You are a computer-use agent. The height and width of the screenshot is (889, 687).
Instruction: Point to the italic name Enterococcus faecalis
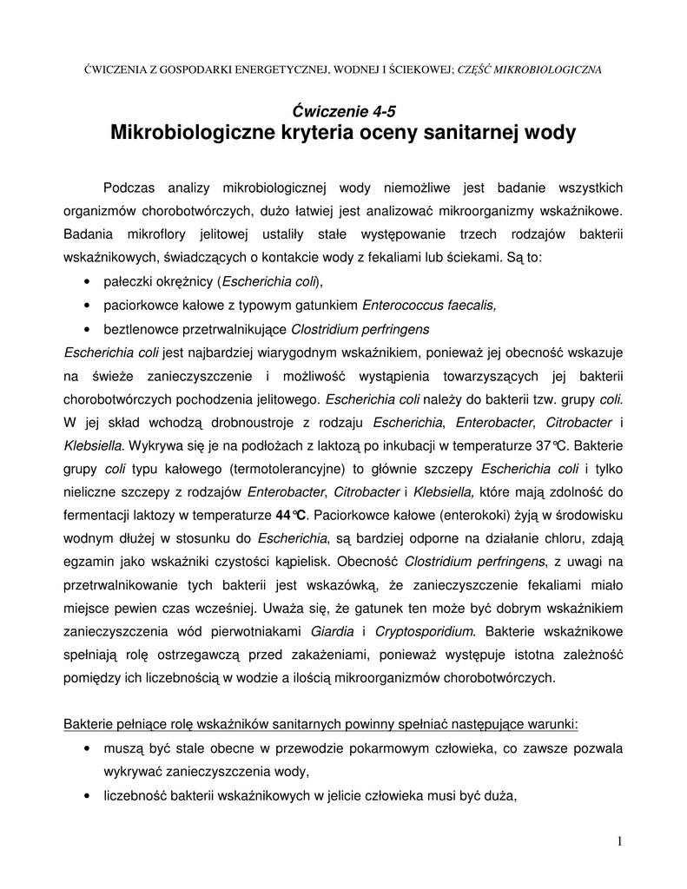(429, 306)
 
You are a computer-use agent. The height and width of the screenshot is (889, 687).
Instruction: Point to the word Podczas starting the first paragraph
(130, 188)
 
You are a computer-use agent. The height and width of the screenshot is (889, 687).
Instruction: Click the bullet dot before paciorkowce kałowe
(88, 306)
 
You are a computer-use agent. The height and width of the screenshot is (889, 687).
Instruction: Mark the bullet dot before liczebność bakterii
(88, 794)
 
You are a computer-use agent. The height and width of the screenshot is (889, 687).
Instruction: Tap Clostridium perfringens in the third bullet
(360, 330)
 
